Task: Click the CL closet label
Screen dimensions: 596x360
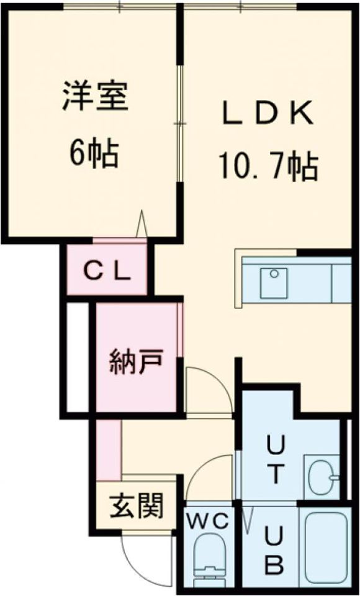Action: coord(107,271)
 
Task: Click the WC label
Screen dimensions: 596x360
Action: coord(207,520)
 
